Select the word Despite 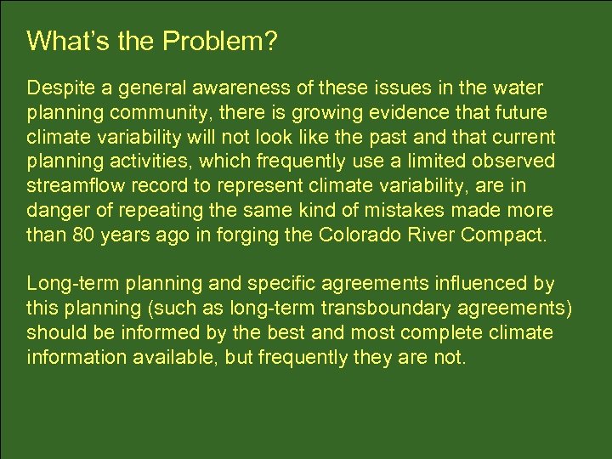tap(57, 88)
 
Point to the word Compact tap(504, 234)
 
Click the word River tap(431, 234)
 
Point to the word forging tap(258, 234)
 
